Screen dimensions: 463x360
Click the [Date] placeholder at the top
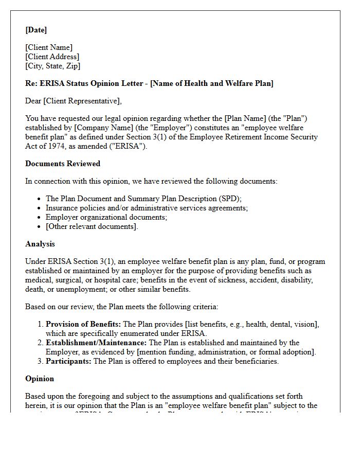click(x=36, y=30)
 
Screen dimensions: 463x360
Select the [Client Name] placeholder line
click(x=49, y=47)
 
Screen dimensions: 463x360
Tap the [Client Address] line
click(x=52, y=57)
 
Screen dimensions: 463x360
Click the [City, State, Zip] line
click(x=52, y=66)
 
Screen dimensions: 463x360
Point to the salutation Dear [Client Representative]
click(x=74, y=101)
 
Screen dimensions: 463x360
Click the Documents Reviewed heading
click(x=63, y=164)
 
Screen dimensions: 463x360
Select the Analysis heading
click(x=40, y=244)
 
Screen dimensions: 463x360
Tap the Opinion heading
click(x=40, y=379)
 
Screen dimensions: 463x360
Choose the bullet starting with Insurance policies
click(x=147, y=208)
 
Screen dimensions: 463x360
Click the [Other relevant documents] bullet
click(x=92, y=226)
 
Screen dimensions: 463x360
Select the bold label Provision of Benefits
click(x=83, y=324)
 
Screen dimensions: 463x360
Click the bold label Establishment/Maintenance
click(x=96, y=343)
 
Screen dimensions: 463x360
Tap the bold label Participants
click(x=68, y=361)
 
